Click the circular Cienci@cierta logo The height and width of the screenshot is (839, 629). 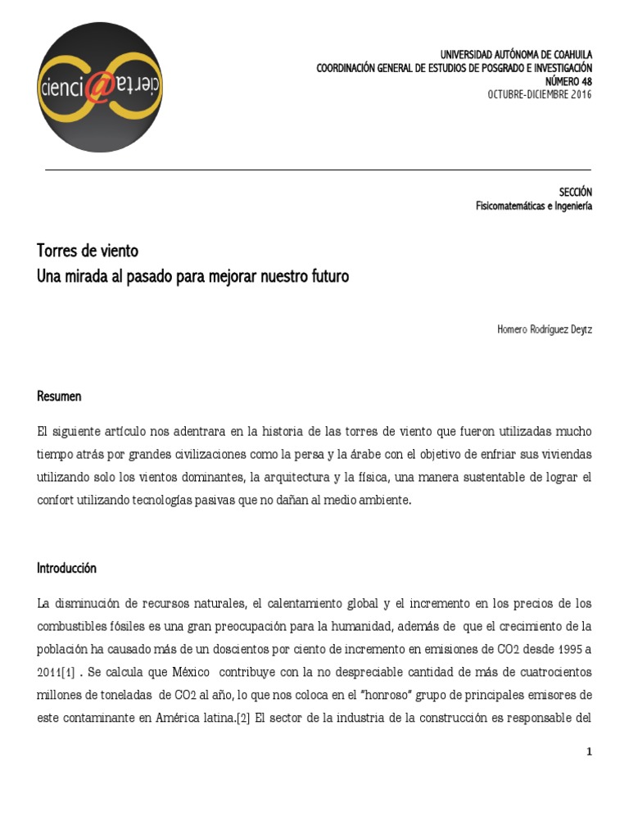[x=99, y=88]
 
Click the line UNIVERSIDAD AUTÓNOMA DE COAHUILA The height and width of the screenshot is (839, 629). [x=516, y=55]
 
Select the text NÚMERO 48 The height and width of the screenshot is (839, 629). [x=568, y=81]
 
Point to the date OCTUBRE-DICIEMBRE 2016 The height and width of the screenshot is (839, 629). [x=539, y=94]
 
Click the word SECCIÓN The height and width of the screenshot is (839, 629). [x=575, y=193]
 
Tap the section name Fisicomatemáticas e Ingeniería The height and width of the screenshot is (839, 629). [x=534, y=206]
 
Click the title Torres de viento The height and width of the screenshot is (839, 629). [x=88, y=251]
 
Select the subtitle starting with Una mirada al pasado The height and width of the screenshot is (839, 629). [x=192, y=276]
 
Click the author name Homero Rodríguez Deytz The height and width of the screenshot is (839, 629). [x=544, y=329]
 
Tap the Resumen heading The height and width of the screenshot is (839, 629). [x=59, y=397]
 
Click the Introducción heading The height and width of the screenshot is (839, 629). [x=66, y=568]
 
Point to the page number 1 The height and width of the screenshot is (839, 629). [x=588, y=751]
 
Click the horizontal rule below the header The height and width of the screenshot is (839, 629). [x=318, y=170]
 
